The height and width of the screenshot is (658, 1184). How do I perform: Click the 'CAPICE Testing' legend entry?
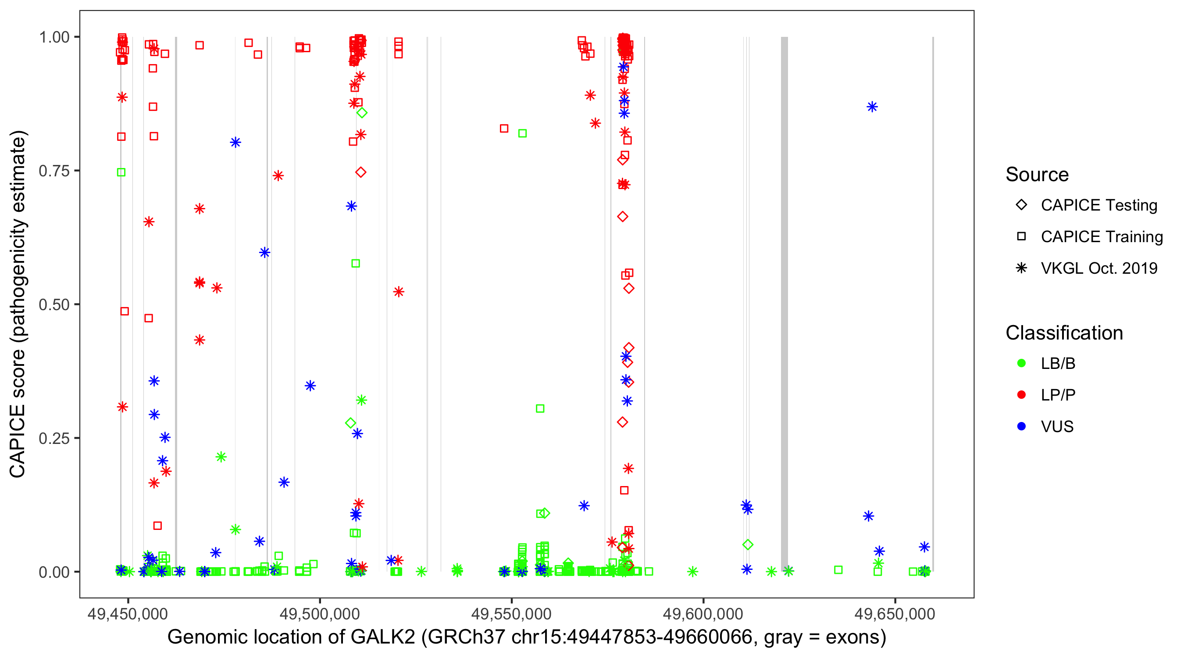tap(1098, 205)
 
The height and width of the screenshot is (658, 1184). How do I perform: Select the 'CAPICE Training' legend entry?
tap(1101, 237)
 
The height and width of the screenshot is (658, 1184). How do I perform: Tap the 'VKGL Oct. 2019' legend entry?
tap(1098, 268)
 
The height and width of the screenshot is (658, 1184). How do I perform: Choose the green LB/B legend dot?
tap(1021, 363)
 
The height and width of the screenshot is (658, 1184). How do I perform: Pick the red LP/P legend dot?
tap(1021, 395)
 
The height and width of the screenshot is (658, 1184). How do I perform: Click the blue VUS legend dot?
tap(1021, 426)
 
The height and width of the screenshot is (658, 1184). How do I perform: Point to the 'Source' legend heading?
tap(1037, 175)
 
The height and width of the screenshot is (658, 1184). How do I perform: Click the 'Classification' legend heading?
tap(1064, 333)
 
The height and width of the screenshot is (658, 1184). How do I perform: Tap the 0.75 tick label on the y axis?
tap(53, 171)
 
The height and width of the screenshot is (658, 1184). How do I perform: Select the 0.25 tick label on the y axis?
tap(53, 438)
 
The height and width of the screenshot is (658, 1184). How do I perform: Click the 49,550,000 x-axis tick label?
tap(511, 614)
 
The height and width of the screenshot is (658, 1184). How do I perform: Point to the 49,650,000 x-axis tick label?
tap(895, 614)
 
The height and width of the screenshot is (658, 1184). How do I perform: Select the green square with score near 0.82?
tap(522, 133)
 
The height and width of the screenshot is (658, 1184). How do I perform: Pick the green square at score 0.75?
tap(121, 172)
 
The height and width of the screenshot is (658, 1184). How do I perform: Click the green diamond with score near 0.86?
tap(362, 113)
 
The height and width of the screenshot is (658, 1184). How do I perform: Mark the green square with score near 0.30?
tap(540, 408)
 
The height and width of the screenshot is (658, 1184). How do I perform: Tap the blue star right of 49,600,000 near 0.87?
tap(872, 107)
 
